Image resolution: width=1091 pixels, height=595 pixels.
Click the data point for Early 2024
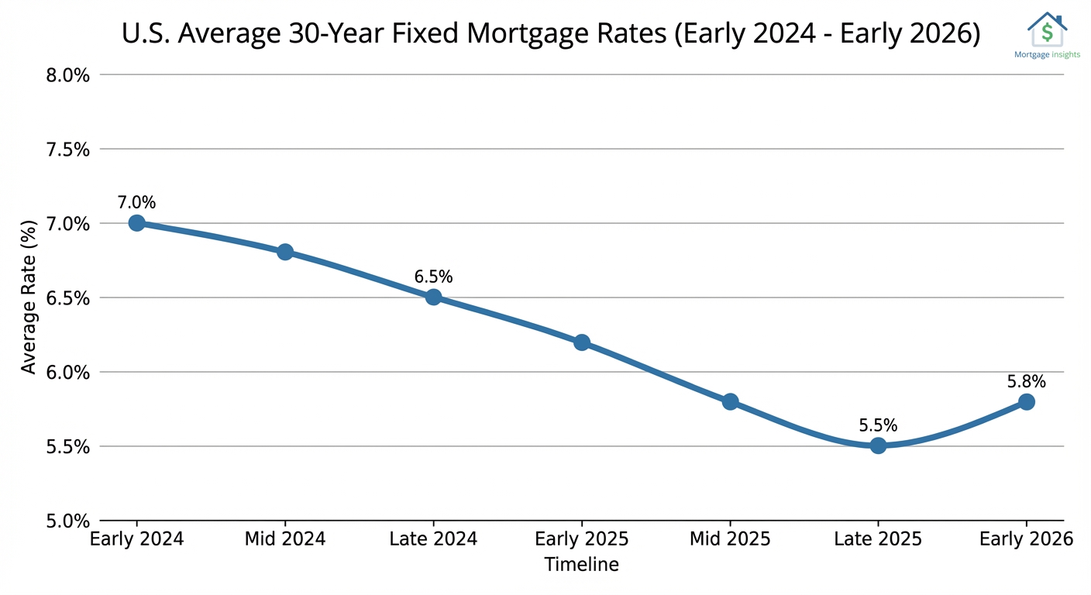point(137,223)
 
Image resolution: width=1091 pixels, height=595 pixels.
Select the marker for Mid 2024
point(285,252)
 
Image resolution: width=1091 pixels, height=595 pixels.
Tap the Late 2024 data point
point(433,297)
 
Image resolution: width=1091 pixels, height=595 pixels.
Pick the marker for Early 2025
point(582,342)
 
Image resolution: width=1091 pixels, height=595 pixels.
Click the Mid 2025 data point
point(730,401)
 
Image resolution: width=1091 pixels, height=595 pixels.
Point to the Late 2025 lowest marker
point(878,445)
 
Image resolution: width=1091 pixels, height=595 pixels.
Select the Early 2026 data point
point(1027,401)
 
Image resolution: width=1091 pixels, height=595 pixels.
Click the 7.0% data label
point(137,203)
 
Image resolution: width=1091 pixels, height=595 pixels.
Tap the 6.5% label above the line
point(433,277)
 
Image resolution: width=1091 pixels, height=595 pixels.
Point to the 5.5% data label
point(878,425)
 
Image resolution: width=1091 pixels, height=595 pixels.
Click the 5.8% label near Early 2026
point(1027,381)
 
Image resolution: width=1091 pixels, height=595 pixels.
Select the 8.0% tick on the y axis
point(69,75)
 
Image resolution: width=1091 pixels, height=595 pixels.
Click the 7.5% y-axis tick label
point(69,150)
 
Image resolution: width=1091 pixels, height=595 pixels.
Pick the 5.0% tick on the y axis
point(69,521)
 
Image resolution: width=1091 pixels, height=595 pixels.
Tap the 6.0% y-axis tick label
point(69,373)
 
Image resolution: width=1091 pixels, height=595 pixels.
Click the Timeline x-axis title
point(582,565)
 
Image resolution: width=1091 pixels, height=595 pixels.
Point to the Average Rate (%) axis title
point(29,297)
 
